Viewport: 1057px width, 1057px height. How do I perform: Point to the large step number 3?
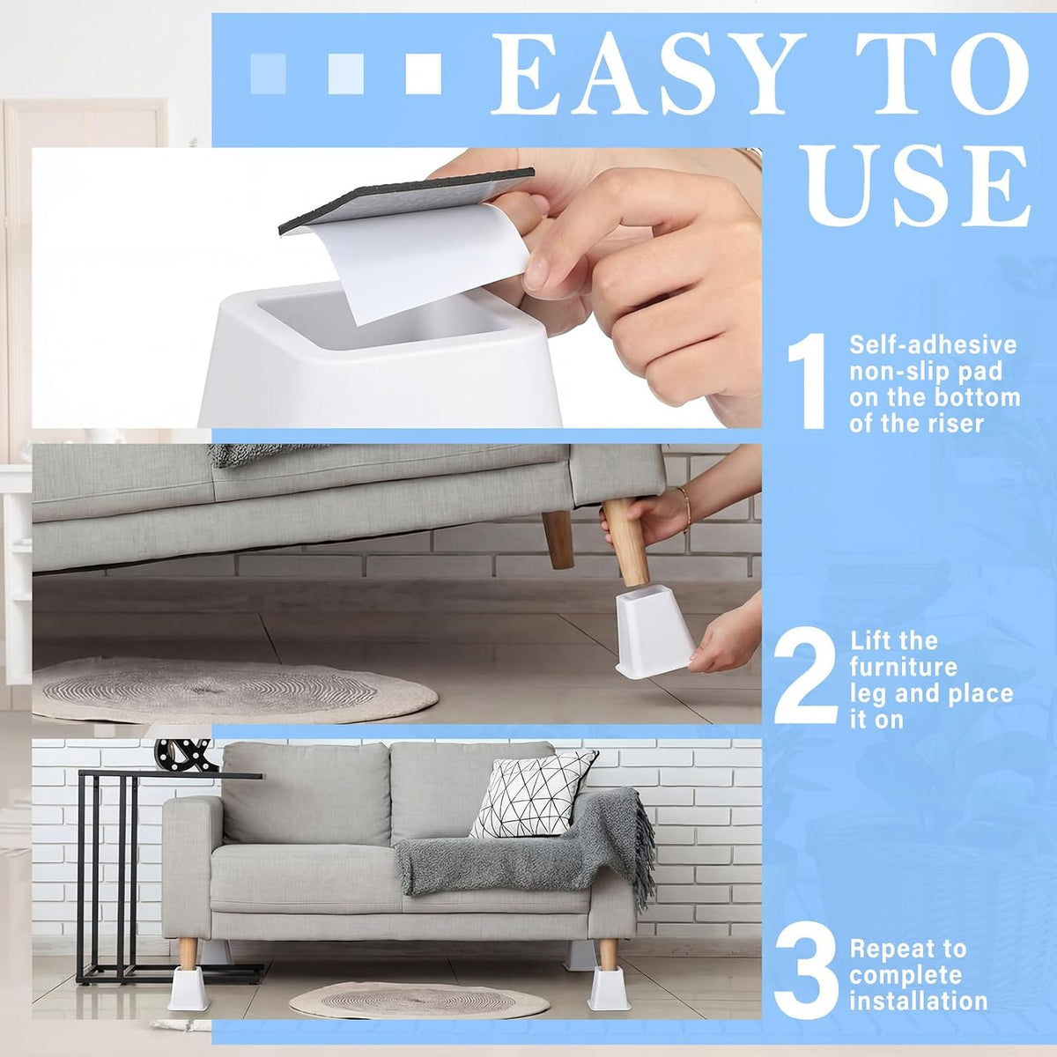pos(806,967)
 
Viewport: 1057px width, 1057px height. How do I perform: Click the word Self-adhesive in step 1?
pos(933,345)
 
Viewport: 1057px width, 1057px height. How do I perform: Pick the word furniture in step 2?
pos(904,667)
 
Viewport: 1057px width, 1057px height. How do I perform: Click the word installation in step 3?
pos(918,1001)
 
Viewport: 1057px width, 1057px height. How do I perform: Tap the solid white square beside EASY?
pos(424,74)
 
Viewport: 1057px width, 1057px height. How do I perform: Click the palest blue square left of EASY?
pos(269,74)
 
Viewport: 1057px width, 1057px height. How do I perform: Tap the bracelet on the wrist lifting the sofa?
pos(684,508)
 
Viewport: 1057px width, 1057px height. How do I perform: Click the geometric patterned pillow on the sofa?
pos(532,795)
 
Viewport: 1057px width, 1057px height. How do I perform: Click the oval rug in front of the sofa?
pos(418,1000)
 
